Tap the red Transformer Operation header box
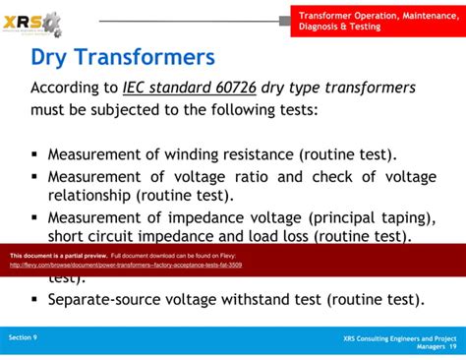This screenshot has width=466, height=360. (374, 20)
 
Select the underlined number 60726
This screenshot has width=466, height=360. (234, 88)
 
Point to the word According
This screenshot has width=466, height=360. (68, 88)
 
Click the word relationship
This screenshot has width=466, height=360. (91, 195)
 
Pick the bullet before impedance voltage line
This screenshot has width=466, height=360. (35, 217)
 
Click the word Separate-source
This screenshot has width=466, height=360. (105, 300)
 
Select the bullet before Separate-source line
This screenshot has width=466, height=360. (35, 300)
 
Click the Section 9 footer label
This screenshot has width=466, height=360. (24, 337)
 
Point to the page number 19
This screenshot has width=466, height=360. (452, 346)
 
